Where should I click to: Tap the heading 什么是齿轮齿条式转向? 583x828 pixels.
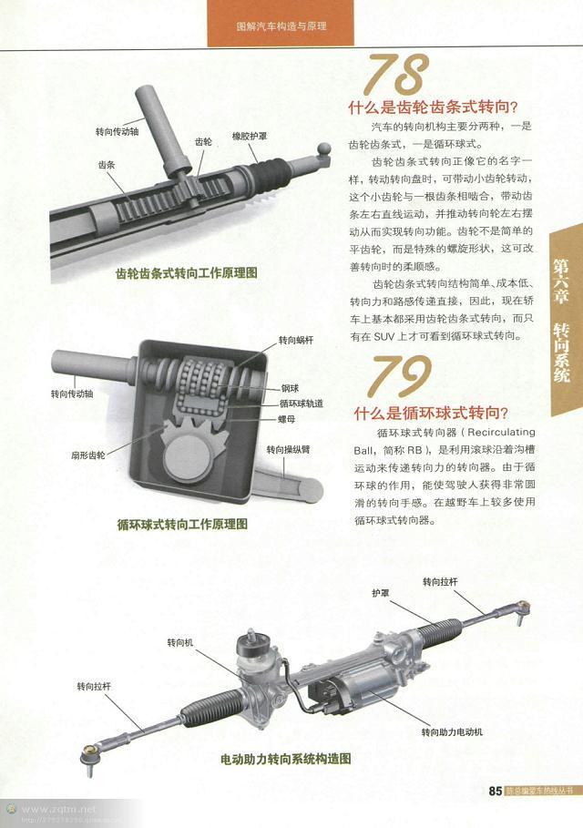click(427, 105)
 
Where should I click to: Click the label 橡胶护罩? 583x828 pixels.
click(249, 136)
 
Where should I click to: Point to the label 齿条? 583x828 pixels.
click(106, 165)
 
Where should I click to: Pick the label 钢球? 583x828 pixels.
click(291, 387)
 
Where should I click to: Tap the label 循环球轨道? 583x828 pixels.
click(302, 404)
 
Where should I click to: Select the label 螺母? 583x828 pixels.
click(290, 420)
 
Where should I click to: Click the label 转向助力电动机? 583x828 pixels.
click(452, 731)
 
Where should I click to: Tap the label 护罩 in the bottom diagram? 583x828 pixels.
click(380, 591)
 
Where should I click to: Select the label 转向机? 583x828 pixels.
click(180, 641)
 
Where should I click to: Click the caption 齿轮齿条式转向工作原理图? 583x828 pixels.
click(187, 272)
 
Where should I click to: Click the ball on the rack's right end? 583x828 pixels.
click(323, 148)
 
